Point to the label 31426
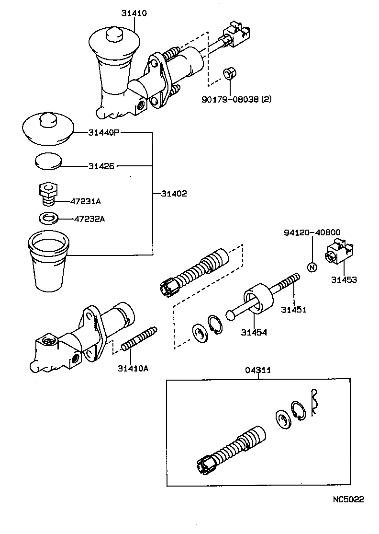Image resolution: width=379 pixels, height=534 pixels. point(101,166)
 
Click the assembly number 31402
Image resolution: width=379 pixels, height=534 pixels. point(174,194)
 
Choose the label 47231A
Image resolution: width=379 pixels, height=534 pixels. point(86,202)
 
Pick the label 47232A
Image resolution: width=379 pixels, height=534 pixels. point(89,219)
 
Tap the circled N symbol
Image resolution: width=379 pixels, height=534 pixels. point(312,267)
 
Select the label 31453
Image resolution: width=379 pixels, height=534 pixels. point(344,279)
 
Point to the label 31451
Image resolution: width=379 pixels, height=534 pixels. point(293,310)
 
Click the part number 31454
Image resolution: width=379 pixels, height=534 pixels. point(254,332)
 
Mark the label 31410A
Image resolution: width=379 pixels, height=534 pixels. point(134,368)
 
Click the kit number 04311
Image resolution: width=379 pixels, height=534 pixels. point(258,370)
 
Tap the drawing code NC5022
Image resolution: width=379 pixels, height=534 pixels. point(348,499)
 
